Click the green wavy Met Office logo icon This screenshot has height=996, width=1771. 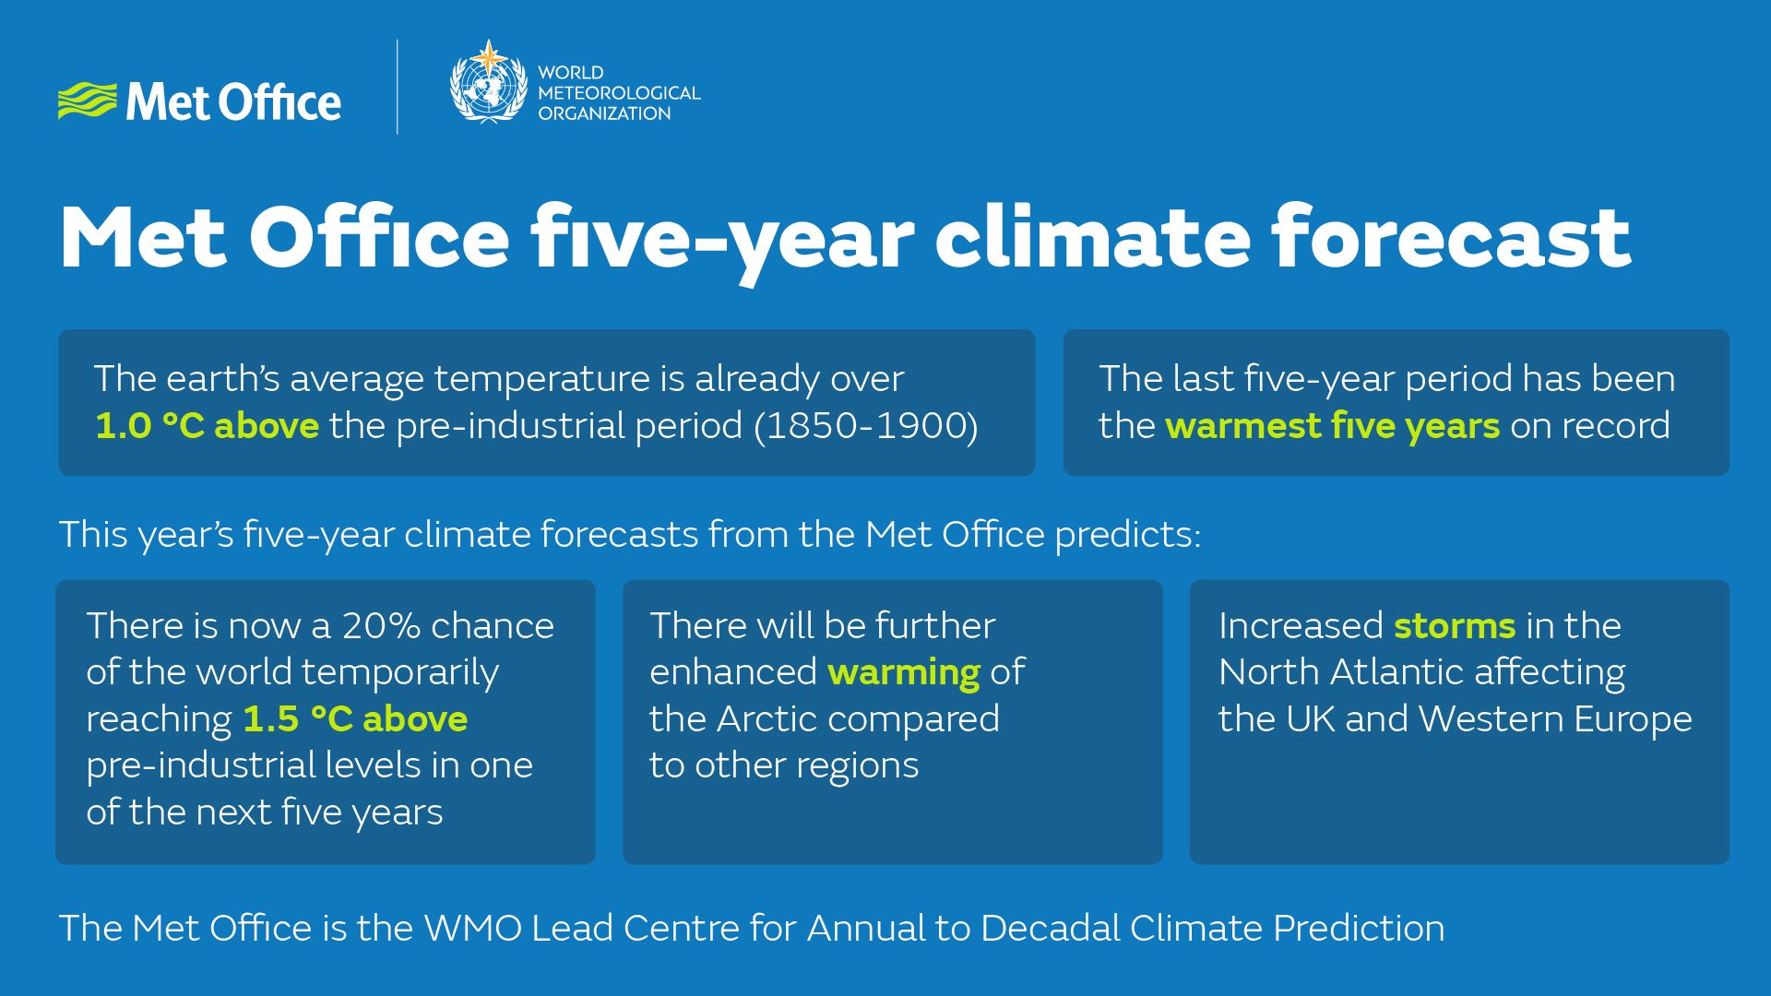tap(88, 101)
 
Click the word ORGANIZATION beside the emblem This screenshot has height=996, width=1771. tap(604, 113)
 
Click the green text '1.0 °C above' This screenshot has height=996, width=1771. tap(207, 426)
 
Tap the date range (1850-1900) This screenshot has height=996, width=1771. tap(865, 426)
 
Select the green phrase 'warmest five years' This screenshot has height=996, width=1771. tap(1332, 426)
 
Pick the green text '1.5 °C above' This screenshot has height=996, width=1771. tap(355, 719)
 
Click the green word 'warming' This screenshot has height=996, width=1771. tap(903, 672)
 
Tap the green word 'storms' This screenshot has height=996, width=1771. tap(1454, 626)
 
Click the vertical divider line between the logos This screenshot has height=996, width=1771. tap(398, 87)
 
